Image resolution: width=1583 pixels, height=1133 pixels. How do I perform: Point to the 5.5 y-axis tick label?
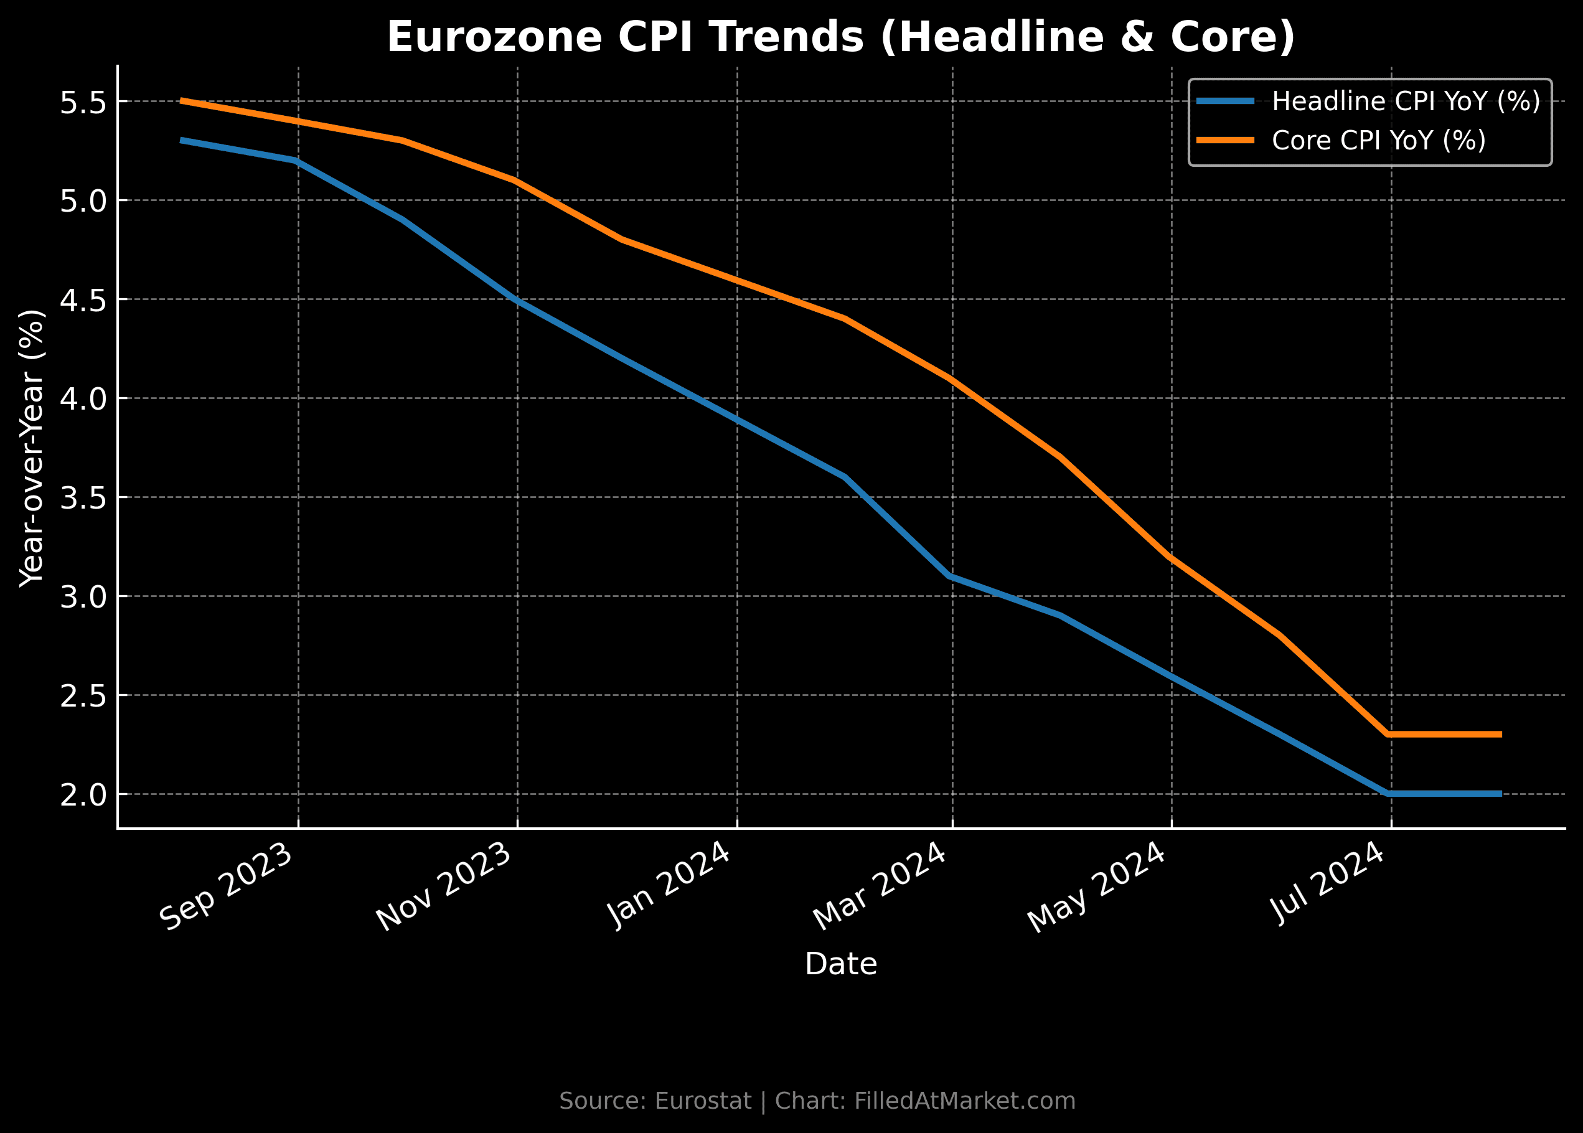tap(82, 103)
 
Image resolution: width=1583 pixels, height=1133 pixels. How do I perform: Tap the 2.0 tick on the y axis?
tap(82, 796)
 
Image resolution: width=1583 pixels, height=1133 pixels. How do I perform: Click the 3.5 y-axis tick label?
tap(82, 499)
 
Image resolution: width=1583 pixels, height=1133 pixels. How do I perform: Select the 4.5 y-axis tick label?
tap(82, 301)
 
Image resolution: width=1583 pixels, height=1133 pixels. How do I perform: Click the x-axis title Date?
tap(841, 964)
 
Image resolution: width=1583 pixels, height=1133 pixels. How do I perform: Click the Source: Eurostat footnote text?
tap(817, 1101)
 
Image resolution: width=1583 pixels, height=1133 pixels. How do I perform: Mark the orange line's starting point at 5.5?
tap(181, 101)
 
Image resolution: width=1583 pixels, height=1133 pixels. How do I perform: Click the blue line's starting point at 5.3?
tap(181, 140)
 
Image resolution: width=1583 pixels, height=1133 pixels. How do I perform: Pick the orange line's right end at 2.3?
tap(1500, 735)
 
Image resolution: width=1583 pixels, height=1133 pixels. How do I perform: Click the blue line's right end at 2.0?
tap(1500, 794)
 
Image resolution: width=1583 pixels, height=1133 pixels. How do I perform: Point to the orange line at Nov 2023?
tap(515, 181)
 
